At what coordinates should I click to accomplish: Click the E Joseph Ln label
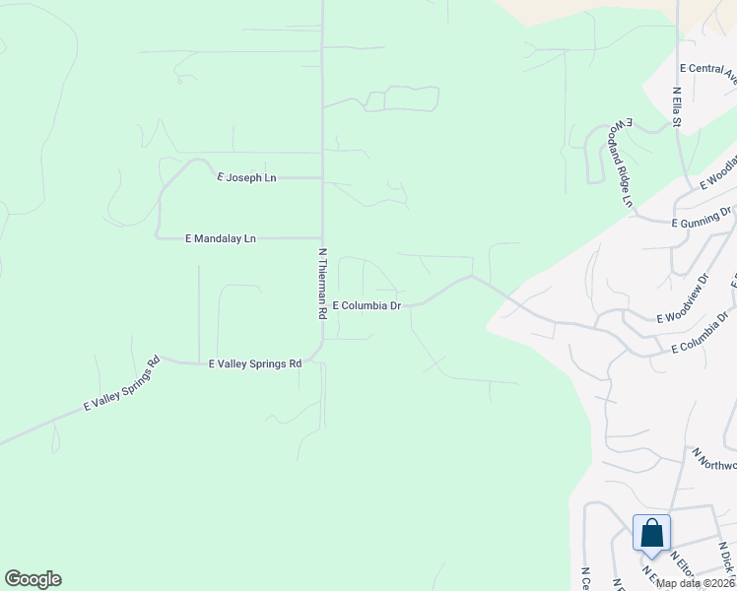point(246,178)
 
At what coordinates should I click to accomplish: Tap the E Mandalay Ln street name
point(221,238)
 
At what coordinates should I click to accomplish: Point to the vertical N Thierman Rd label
point(322,284)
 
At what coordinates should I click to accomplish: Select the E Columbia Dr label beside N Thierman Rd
point(367,306)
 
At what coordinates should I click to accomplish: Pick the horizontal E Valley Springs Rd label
point(255,364)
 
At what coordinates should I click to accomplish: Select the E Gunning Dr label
point(703,218)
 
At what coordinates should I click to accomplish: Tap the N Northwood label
point(714,459)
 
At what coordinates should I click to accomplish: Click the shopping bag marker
point(651,534)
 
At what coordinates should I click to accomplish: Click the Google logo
point(33,579)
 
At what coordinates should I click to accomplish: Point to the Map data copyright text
point(696,583)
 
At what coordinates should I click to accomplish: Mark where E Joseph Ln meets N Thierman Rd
point(322,178)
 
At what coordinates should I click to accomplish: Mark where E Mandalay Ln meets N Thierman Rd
point(322,237)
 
